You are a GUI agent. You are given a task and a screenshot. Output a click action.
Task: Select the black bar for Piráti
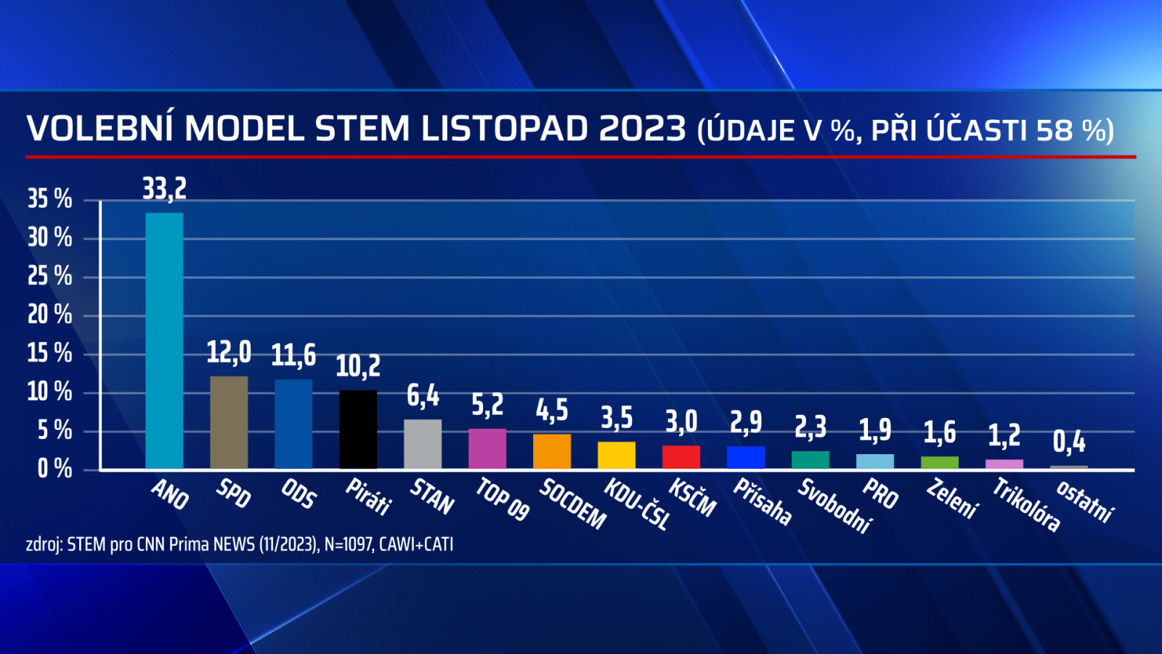pyautogui.click(x=358, y=429)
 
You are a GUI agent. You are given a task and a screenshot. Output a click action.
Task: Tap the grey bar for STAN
pyautogui.click(x=423, y=444)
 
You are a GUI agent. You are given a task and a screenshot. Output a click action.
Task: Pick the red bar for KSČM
pyautogui.click(x=681, y=457)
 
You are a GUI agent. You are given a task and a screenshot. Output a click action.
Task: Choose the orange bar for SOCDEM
pyautogui.click(x=552, y=451)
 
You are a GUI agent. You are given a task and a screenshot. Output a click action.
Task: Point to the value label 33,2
pyautogui.click(x=164, y=189)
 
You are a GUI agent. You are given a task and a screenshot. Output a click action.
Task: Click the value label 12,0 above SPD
pyautogui.click(x=229, y=352)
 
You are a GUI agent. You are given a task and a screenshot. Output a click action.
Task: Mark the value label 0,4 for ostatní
pyautogui.click(x=1069, y=441)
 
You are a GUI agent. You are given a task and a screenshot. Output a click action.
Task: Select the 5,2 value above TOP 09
pyautogui.click(x=487, y=405)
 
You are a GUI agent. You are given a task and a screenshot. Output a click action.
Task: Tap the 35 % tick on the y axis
pyautogui.click(x=50, y=199)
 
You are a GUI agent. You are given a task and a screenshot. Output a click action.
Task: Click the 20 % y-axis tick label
pyautogui.click(x=50, y=315)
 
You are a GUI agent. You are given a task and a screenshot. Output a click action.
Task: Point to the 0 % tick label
pyautogui.click(x=54, y=469)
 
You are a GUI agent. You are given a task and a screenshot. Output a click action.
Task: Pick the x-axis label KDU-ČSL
pyautogui.click(x=637, y=503)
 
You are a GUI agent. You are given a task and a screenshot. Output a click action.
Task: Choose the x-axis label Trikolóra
pyautogui.click(x=1026, y=504)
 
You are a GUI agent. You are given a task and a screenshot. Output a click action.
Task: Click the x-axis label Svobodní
pyautogui.click(x=834, y=505)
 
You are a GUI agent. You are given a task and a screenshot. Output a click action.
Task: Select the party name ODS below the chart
pyautogui.click(x=298, y=493)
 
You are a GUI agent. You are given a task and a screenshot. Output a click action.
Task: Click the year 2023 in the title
pyautogui.click(x=643, y=129)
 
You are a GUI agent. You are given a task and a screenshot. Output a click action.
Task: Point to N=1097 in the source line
pyautogui.click(x=348, y=544)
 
